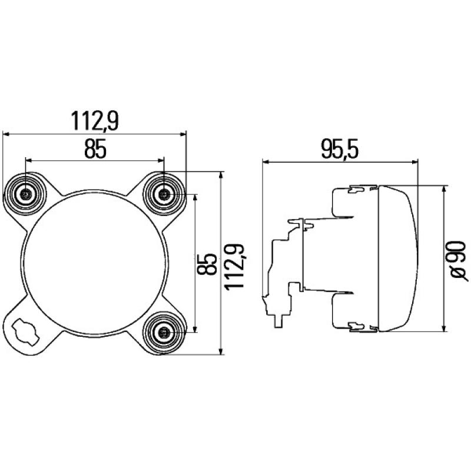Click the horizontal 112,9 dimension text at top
[95, 121]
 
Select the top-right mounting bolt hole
[164, 193]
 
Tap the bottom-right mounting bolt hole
[164, 333]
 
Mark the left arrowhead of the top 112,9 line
[6, 134]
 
